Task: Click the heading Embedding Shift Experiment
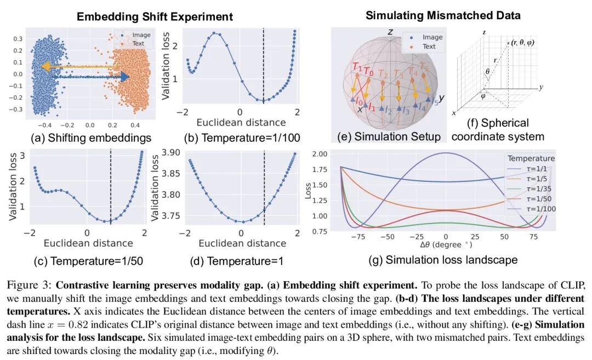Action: click(155, 16)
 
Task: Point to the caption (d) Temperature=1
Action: click(237, 261)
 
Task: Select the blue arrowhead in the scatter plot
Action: click(126, 77)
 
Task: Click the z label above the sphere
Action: click(390, 32)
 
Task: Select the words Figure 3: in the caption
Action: click(30, 285)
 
